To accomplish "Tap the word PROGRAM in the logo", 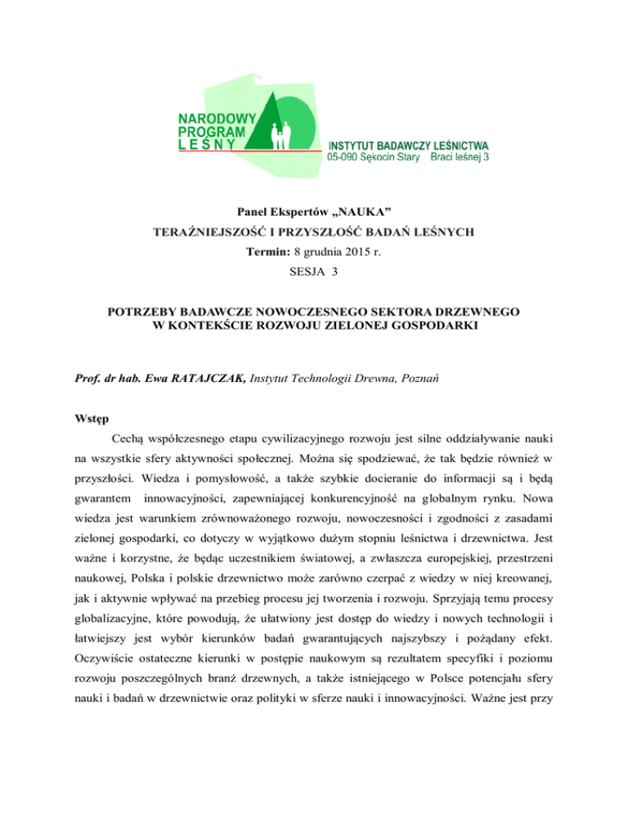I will click(211, 132).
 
